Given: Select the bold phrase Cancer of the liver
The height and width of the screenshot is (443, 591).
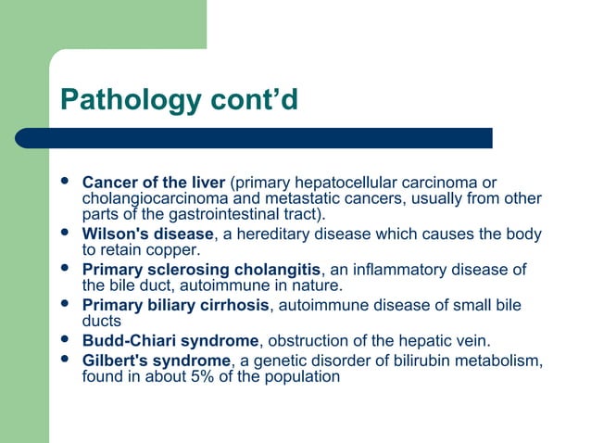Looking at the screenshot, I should (x=154, y=180).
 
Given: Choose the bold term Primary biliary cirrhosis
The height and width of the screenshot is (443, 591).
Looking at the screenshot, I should (x=176, y=305).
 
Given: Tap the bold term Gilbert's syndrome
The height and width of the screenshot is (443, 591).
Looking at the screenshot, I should (x=156, y=360).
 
